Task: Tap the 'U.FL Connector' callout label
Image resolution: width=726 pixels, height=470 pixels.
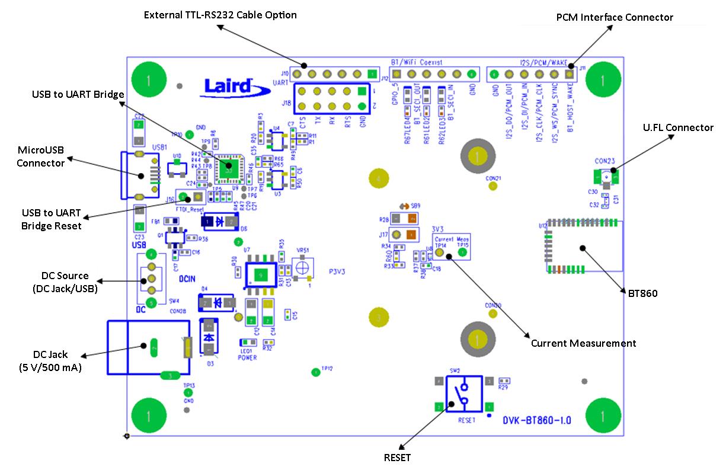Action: coord(679,127)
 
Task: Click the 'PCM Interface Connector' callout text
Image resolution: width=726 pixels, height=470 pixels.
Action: coord(615,17)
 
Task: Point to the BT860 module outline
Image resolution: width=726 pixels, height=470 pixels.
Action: coord(584,247)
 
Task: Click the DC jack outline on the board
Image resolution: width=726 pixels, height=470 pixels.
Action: coord(148,347)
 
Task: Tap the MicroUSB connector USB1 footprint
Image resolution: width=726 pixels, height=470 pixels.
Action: coord(140,175)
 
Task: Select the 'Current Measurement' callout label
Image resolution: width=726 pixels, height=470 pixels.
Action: coord(583,343)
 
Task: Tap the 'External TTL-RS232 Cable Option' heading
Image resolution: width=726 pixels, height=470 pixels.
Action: coord(220,14)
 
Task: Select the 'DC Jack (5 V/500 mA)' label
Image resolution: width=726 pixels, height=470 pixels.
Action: coord(50,360)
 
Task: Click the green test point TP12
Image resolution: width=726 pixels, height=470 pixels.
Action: coord(315,372)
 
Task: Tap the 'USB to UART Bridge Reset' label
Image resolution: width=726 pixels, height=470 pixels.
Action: coord(51,220)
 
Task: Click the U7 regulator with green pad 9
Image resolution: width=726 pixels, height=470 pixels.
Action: coord(259,274)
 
